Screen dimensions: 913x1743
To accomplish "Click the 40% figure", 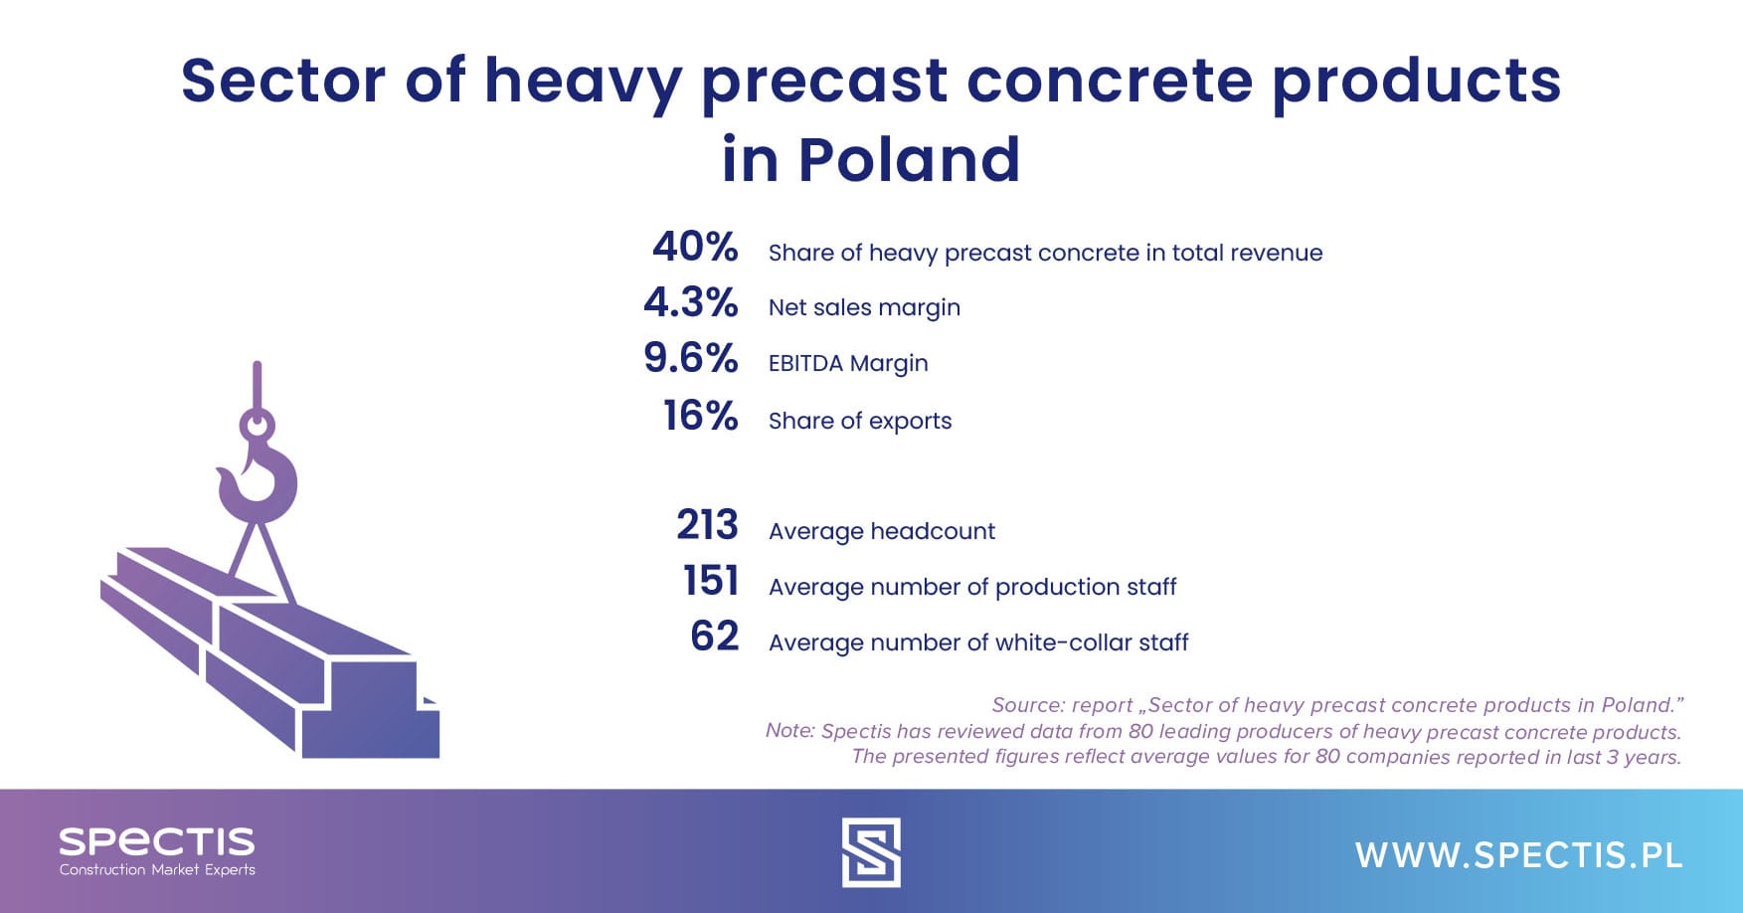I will click(695, 248).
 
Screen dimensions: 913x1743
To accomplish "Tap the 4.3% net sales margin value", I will click(691, 303).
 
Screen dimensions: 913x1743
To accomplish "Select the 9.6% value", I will click(691, 359).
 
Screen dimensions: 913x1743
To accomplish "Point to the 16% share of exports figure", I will click(701, 417).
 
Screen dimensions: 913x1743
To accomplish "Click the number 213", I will click(707, 526).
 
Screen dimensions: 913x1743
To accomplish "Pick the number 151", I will click(711, 582).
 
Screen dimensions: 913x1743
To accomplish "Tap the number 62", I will click(715, 638).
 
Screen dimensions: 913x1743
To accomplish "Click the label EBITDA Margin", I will click(848, 364).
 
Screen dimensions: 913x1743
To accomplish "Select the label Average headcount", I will click(882, 532).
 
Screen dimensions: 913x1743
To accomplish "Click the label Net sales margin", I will click(864, 308).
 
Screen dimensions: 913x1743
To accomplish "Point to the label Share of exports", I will click(860, 422).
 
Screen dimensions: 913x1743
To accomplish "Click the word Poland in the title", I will click(909, 160).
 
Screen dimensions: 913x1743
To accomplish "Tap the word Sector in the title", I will click(282, 81).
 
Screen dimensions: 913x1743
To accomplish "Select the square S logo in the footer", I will click(871, 852).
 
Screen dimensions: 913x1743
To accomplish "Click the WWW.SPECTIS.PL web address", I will click(1518, 855).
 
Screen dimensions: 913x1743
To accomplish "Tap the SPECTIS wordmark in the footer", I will click(157, 842).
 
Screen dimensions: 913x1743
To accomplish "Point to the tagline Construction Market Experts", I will click(157, 870).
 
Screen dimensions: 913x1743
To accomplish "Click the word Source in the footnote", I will click(1026, 705).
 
